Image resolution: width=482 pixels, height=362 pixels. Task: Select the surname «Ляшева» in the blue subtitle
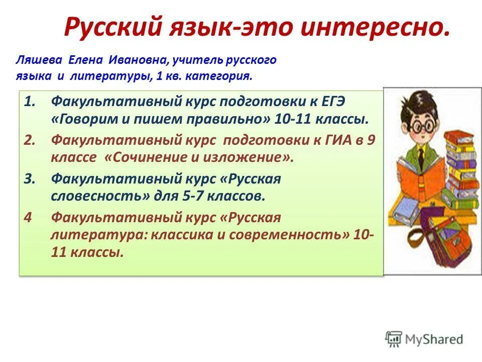pos(37,61)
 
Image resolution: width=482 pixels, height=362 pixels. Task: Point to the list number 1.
pos(30,102)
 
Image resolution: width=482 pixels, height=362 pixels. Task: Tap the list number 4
pos(29,217)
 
